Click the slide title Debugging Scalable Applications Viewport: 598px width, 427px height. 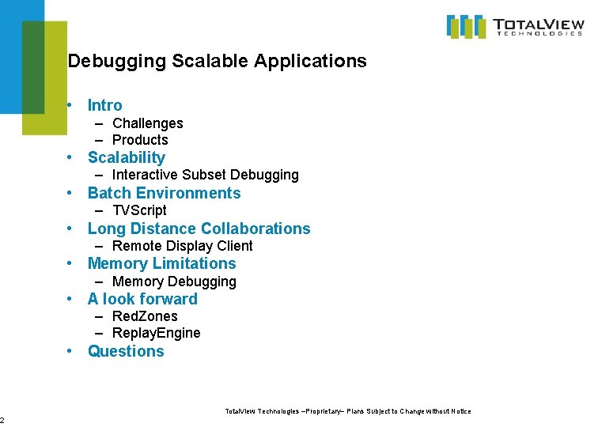coord(218,61)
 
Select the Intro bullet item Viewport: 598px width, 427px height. coord(104,105)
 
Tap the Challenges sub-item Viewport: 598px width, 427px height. coord(147,123)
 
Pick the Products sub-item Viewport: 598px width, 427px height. coord(140,140)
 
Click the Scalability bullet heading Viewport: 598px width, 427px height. coord(126,157)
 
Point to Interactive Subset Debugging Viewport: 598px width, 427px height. coord(205,175)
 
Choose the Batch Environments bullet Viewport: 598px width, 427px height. coord(164,193)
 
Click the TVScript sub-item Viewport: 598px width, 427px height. coord(139,210)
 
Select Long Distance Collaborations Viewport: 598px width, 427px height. coord(199,229)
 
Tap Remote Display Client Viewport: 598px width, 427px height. coord(182,246)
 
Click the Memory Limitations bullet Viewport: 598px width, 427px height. coord(161,263)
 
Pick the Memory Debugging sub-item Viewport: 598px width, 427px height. coord(174,282)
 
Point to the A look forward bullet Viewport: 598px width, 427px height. coord(142,299)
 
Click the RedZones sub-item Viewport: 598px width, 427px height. coord(145,316)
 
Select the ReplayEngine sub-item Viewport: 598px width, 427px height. coord(156,333)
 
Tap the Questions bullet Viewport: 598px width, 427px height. coord(126,351)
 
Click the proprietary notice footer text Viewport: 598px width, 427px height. coord(348,411)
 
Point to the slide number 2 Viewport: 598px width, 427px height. coord(2,420)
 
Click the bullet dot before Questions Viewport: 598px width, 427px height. coord(70,351)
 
